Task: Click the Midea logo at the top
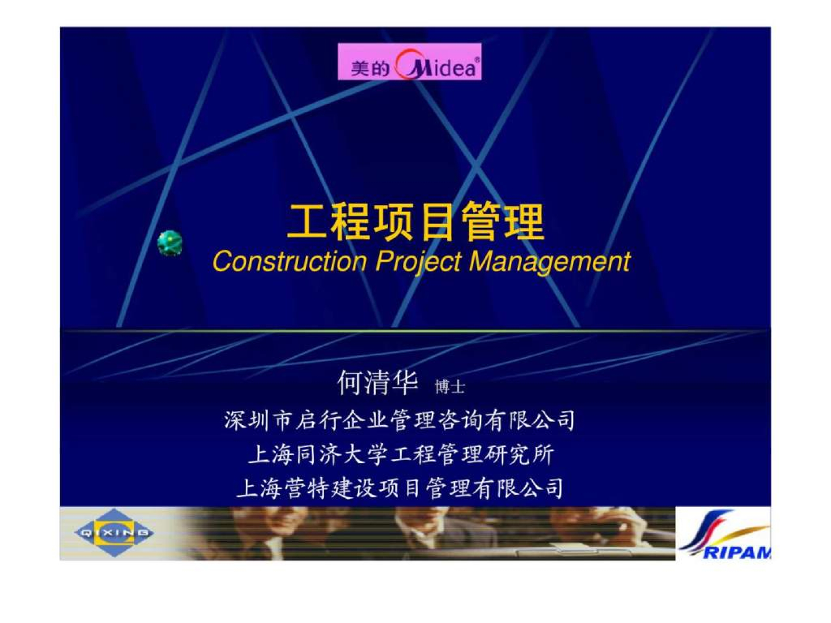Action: tap(410, 63)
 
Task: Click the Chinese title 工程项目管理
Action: tap(415, 222)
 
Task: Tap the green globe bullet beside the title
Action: tap(170, 243)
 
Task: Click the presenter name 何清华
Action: tap(378, 381)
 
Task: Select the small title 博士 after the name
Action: tap(450, 387)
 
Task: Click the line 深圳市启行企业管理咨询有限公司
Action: tap(400, 420)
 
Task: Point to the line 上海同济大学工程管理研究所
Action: tap(400, 453)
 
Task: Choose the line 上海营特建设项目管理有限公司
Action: tap(400, 488)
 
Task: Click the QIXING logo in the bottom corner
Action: tap(113, 532)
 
